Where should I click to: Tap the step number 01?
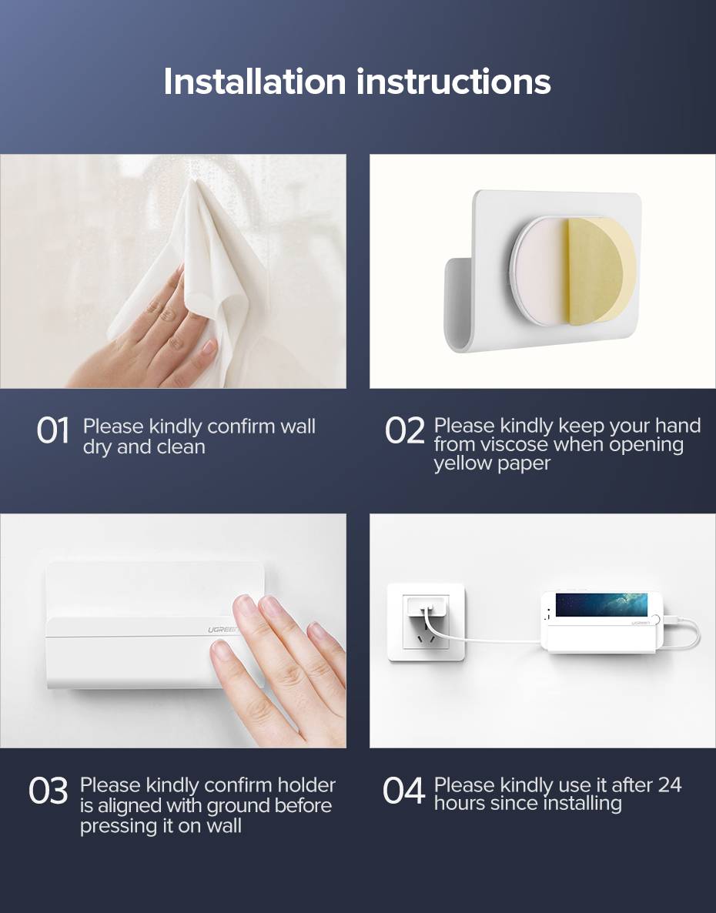(x=52, y=430)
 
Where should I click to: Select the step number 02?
(x=404, y=430)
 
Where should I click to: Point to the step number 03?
(x=49, y=791)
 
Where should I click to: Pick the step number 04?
(x=403, y=791)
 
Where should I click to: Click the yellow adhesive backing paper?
(x=601, y=271)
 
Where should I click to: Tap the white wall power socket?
(x=426, y=622)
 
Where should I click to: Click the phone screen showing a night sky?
(x=601, y=604)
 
